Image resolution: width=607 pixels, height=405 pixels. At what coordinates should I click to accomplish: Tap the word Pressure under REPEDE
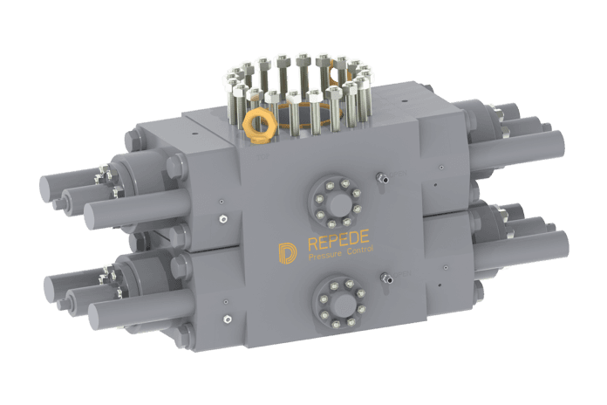pos(324,255)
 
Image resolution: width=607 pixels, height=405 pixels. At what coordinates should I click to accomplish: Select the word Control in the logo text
pos(360,250)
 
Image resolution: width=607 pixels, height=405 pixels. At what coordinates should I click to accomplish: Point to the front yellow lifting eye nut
pos(259,124)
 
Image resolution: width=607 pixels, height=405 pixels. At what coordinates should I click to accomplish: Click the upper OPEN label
pos(398,174)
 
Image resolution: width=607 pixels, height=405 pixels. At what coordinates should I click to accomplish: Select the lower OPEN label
pos(401,274)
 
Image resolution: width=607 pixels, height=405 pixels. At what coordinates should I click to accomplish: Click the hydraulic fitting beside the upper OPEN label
pos(382,178)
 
